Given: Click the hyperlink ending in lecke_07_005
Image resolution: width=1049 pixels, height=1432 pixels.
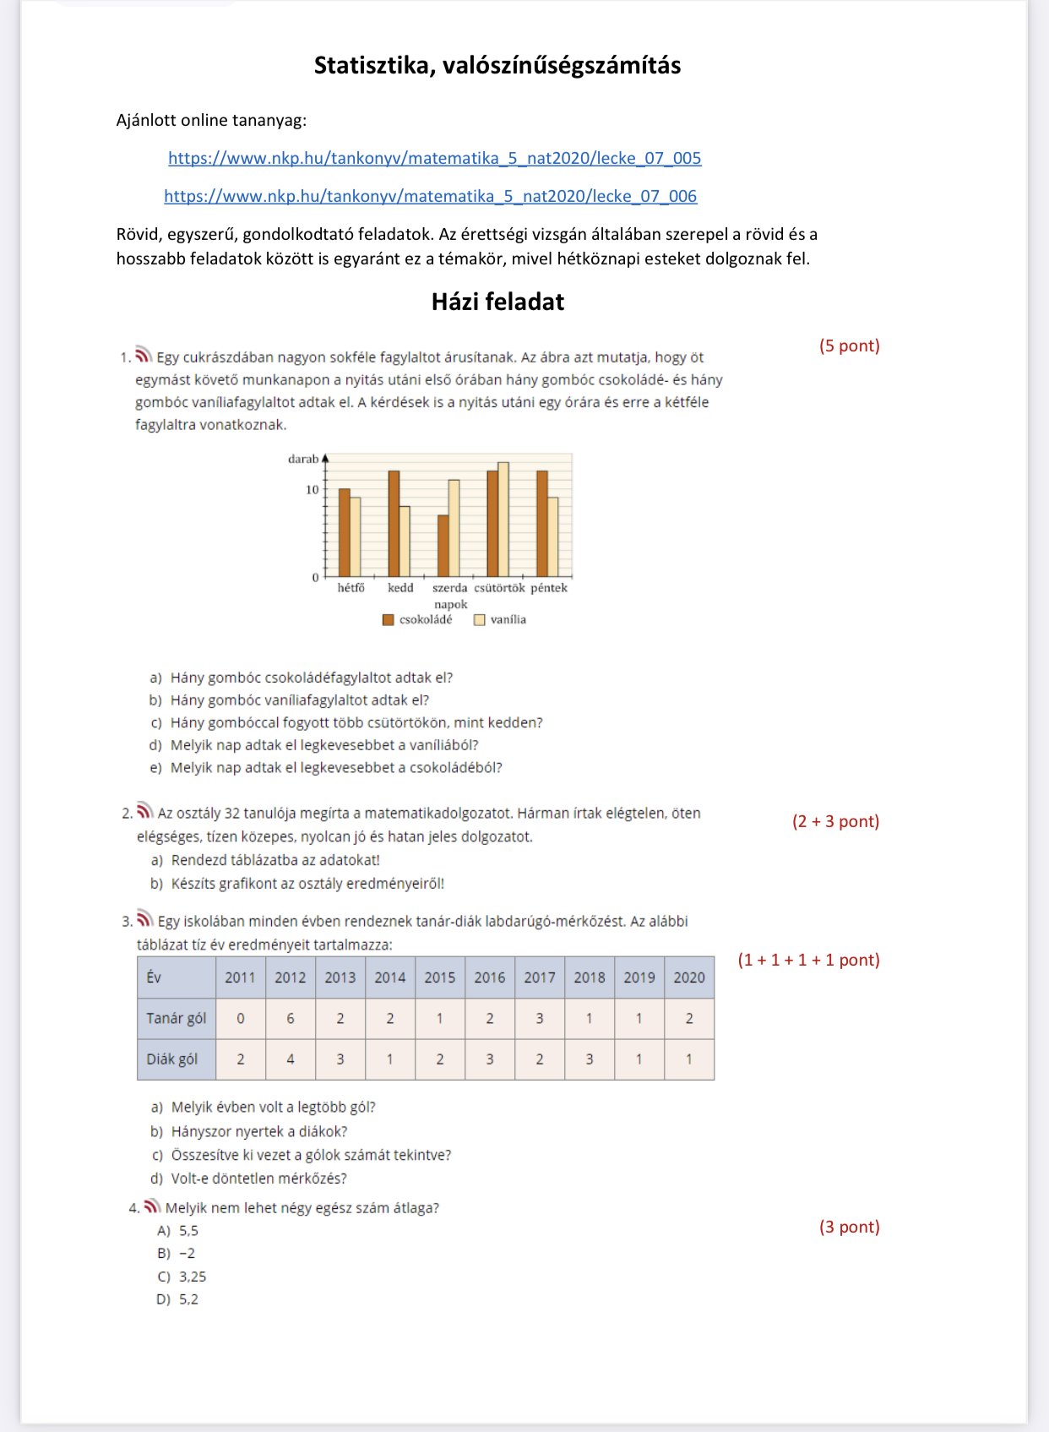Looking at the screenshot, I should point(434,158).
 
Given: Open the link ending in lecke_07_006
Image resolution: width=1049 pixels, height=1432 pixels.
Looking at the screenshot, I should point(430,196).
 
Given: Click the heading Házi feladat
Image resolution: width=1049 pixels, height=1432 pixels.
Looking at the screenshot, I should point(497,302).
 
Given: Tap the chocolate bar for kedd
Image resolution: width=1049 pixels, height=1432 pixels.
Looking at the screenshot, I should point(394,524).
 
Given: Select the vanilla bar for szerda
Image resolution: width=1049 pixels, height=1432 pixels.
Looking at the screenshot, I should point(454,528).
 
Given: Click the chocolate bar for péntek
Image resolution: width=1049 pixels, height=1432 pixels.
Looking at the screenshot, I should point(542,524).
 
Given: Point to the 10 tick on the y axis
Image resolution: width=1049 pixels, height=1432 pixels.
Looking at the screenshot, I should point(313,490).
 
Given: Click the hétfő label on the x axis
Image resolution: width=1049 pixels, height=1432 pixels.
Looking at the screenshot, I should point(351,588).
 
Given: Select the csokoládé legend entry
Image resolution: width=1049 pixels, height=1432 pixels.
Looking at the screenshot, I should point(418,620).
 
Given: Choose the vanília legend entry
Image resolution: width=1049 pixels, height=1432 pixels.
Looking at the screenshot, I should point(500,620).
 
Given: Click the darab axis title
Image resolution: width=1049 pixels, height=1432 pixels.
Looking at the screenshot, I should point(303,460).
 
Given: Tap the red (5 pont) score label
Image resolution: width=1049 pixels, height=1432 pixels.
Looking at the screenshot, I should point(849,346).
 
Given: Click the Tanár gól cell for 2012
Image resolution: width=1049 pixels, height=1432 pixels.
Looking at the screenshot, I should point(291,1019).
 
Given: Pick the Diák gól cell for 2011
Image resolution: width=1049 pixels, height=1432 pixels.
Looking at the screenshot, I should point(241,1059).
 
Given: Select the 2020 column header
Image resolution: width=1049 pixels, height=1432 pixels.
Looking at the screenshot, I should point(689,977).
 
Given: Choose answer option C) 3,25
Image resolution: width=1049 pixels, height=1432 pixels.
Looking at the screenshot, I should point(182,1277).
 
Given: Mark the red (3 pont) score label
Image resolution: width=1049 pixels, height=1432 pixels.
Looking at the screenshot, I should point(849,1227).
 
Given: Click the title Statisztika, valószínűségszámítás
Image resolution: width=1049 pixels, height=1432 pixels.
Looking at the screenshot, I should point(497,65).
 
